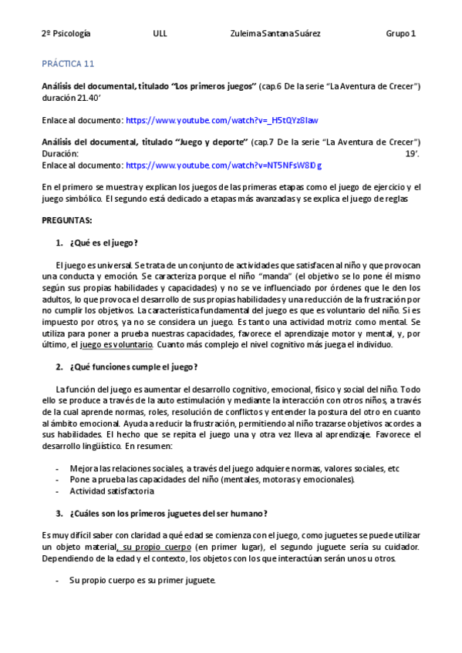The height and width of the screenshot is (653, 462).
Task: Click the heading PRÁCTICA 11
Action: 67,64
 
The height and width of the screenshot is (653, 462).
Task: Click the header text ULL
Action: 160,34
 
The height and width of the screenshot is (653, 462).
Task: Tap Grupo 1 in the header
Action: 400,34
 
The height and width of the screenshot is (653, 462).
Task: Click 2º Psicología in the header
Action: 66,34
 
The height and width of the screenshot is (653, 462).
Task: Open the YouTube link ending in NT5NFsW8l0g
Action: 224,165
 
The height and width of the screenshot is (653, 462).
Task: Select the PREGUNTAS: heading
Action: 66,220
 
